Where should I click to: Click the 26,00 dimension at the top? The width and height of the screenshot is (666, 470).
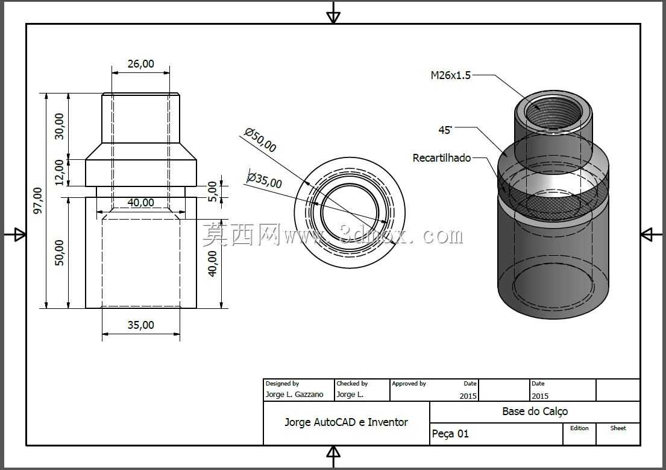coord(140,64)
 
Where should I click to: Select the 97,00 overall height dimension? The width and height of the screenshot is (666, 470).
coord(38,200)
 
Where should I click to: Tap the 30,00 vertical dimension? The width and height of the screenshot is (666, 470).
coord(60,126)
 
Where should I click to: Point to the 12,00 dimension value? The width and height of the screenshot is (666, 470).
coord(60,172)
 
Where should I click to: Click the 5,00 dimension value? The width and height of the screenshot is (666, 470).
coord(212,191)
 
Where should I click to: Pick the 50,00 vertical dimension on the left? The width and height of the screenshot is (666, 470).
coord(60,253)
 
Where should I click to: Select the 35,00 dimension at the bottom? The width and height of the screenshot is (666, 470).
coord(140,325)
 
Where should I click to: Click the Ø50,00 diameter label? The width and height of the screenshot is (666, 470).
coord(260,140)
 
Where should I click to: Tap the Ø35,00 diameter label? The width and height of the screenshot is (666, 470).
coord(265,180)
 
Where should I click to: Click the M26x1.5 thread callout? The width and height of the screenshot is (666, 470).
coord(451,75)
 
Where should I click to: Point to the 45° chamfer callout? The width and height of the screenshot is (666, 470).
coord(445,130)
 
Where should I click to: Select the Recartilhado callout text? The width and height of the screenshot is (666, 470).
coord(442,158)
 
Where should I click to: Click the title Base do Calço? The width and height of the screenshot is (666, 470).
coord(535,411)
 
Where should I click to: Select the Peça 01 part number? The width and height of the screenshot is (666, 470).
coord(450,434)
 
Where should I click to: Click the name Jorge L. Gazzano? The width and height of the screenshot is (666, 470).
coord(294,395)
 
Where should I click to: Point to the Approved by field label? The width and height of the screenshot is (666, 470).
coord(409,383)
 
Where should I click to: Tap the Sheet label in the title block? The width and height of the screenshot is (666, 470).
coord(618,428)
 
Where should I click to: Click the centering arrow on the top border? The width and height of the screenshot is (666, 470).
coord(333,13)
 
